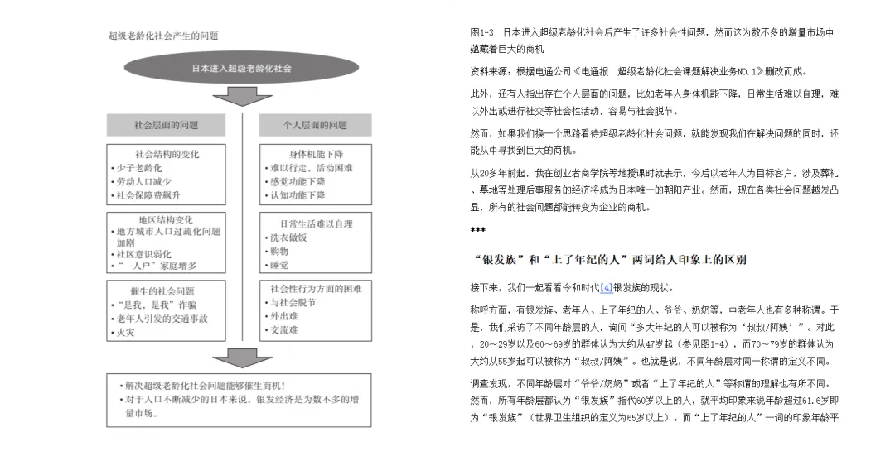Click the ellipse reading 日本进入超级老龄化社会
(x=241, y=69)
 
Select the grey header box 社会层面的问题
(x=167, y=125)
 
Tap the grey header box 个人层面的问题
(x=315, y=125)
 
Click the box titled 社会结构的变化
(x=167, y=175)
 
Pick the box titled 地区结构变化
(x=167, y=242)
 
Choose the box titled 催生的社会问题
(x=167, y=311)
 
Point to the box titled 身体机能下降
(x=315, y=175)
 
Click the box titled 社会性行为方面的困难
(x=315, y=311)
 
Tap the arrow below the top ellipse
(x=242, y=98)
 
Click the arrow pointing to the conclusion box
(x=242, y=358)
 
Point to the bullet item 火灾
(x=126, y=333)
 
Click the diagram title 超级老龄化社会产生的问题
(x=163, y=36)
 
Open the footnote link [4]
(x=607, y=288)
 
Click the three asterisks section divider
(x=477, y=230)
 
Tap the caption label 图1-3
(x=482, y=32)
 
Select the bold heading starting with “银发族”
(x=608, y=260)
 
